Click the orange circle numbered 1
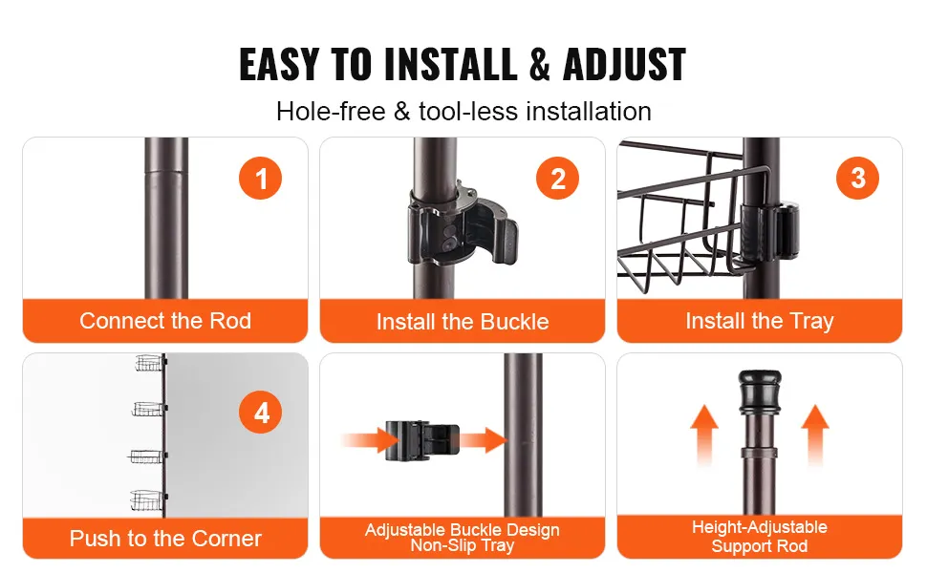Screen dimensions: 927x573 pyautogui.click(x=260, y=178)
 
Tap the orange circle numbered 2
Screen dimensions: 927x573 pyautogui.click(x=557, y=178)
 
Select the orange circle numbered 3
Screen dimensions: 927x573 pyautogui.click(x=857, y=178)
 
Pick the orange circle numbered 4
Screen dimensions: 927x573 pyautogui.click(x=260, y=412)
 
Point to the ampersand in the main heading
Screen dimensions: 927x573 pyautogui.click(x=539, y=64)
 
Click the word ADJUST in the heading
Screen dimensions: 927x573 pyautogui.click(x=624, y=64)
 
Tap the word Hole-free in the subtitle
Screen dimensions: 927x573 pyautogui.click(x=331, y=111)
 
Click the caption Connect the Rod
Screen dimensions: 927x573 pyautogui.click(x=165, y=321)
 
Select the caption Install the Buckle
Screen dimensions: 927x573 pyautogui.click(x=463, y=322)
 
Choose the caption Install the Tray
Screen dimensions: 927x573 pyautogui.click(x=760, y=321)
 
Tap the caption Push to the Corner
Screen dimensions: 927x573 pyautogui.click(x=165, y=539)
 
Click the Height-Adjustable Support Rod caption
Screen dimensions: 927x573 pyautogui.click(x=760, y=537)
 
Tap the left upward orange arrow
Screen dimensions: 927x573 pyautogui.click(x=704, y=435)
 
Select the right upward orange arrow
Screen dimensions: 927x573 pyautogui.click(x=815, y=435)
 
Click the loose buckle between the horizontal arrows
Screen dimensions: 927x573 pyautogui.click(x=422, y=440)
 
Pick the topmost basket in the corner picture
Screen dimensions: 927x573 pyautogui.click(x=149, y=363)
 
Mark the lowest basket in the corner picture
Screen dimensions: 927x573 pyautogui.click(x=146, y=500)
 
